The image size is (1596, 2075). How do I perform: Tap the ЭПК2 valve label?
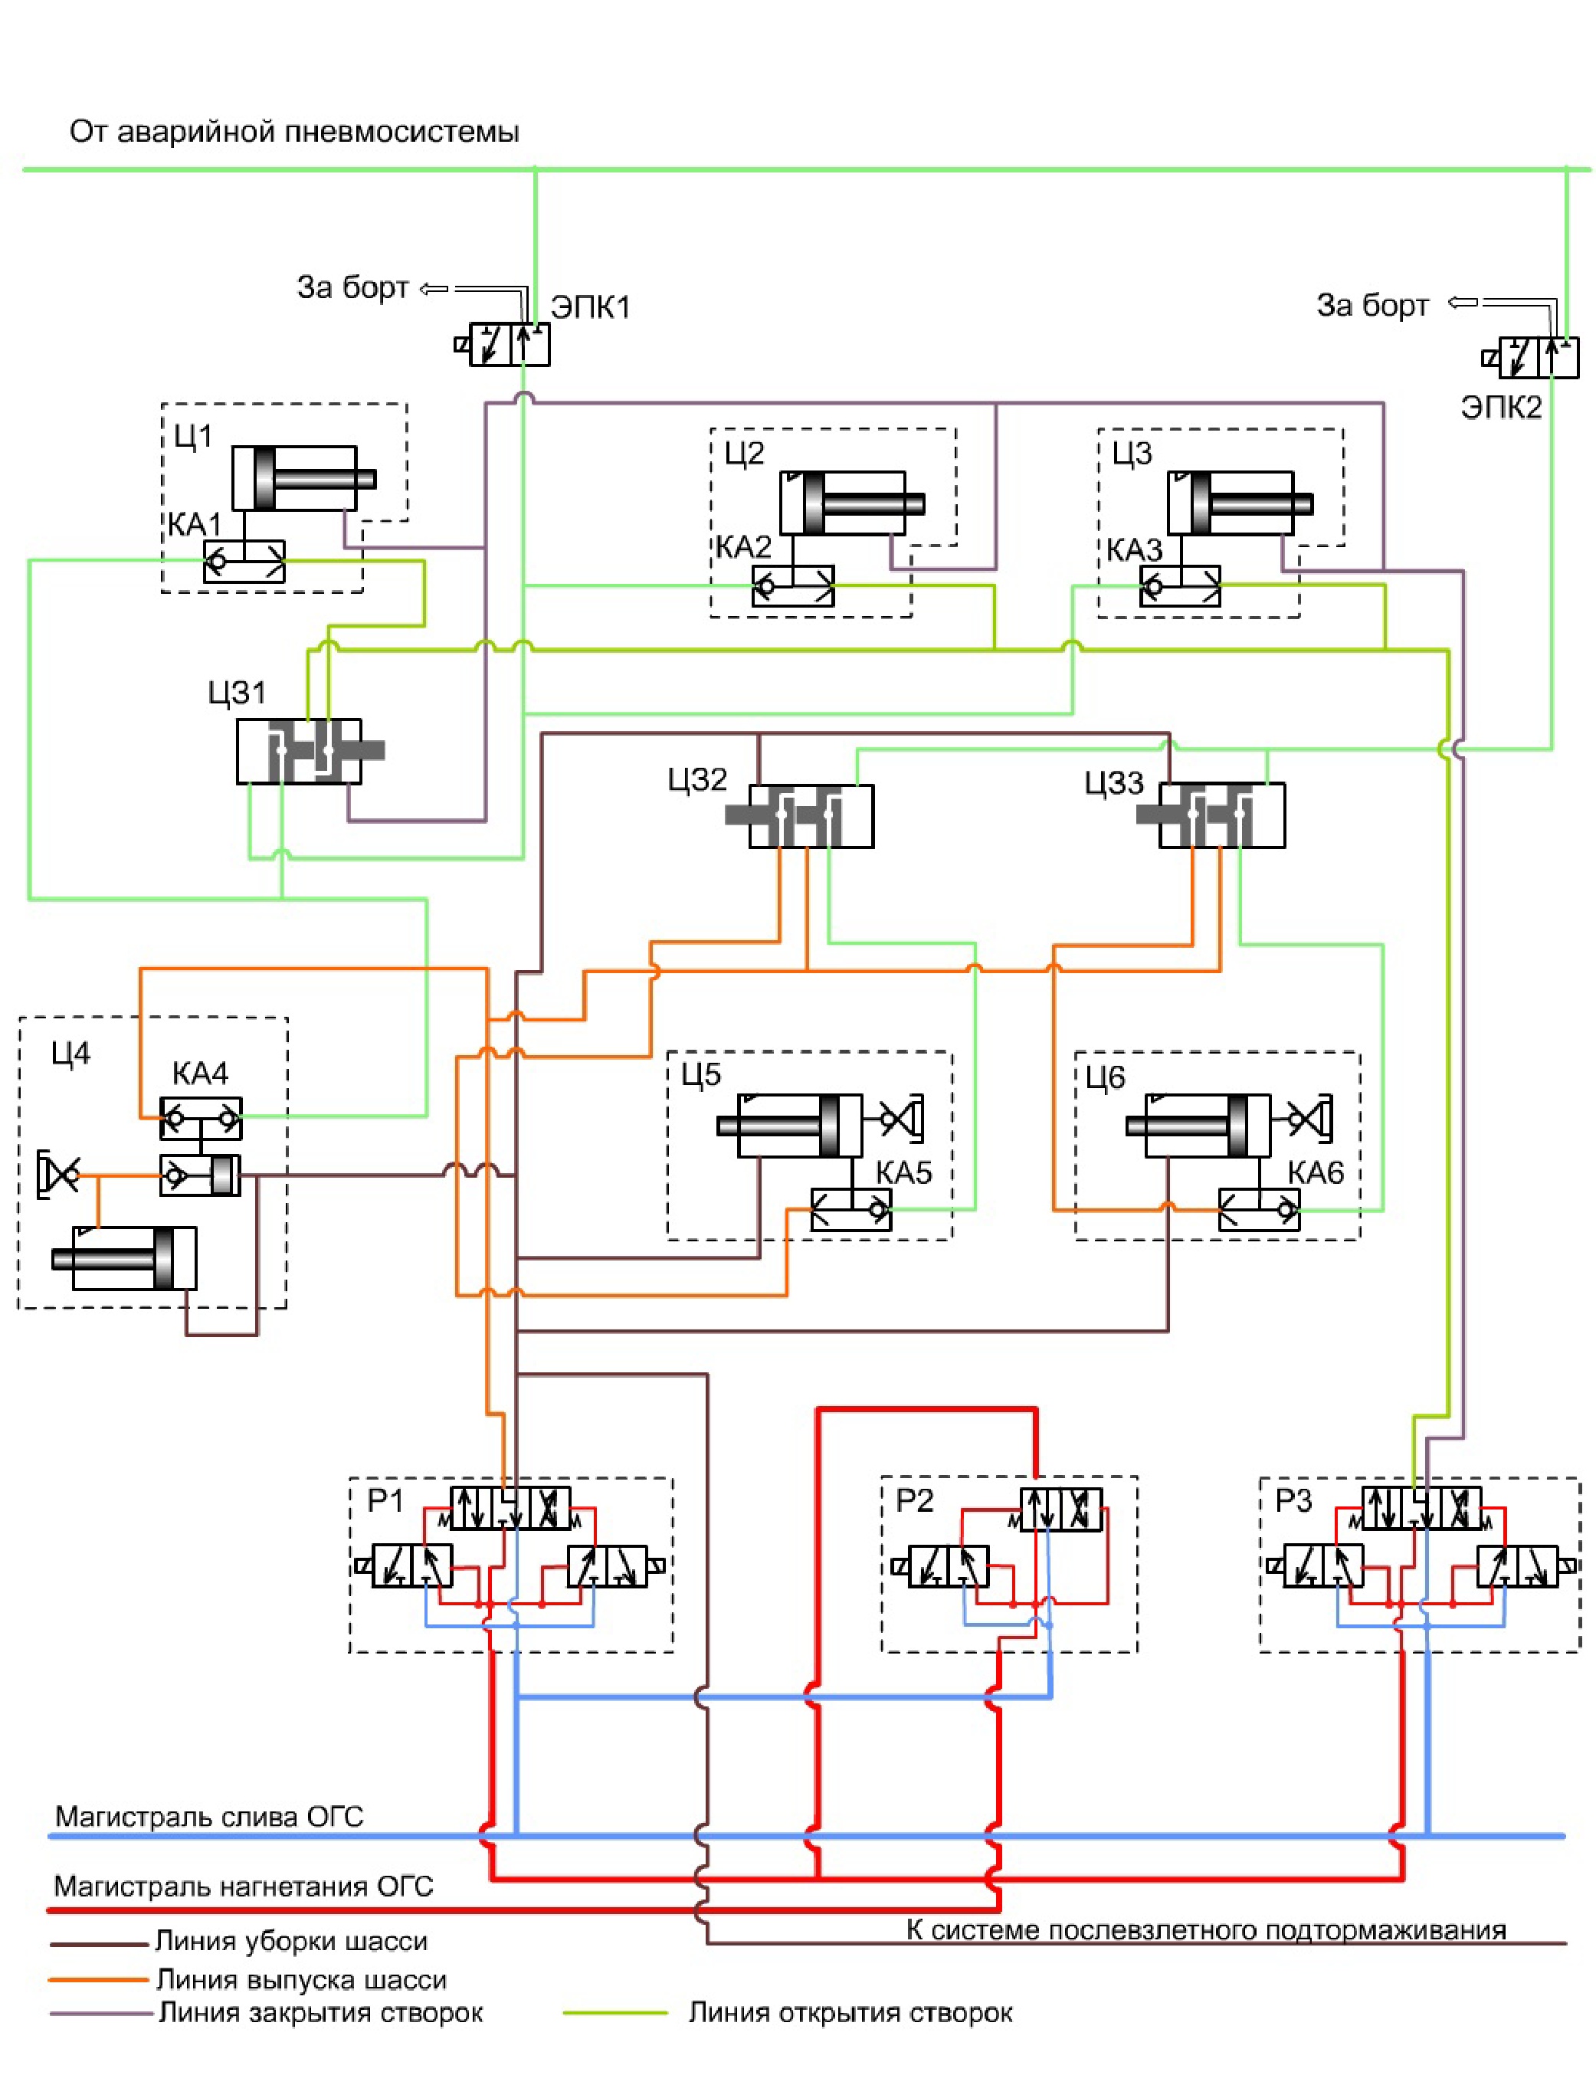click(x=1501, y=408)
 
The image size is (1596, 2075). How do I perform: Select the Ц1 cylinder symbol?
click(x=302, y=479)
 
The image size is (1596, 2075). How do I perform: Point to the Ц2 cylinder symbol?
click(x=850, y=503)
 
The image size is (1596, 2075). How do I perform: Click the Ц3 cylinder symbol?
click(x=1238, y=503)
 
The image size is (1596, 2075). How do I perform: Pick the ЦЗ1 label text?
click(x=238, y=693)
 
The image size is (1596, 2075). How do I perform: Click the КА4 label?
click(x=201, y=1074)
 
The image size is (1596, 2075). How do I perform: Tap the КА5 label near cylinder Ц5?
click(x=903, y=1172)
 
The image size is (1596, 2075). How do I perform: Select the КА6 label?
click(x=1316, y=1173)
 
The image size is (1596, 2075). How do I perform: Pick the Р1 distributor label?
click(x=385, y=1500)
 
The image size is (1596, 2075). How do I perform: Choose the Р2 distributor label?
click(x=914, y=1500)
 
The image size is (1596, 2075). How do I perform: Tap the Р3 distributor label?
click(x=1293, y=1500)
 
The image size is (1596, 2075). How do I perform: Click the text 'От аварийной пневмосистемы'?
click(x=294, y=131)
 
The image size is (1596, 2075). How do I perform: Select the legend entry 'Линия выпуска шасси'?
click(x=301, y=1980)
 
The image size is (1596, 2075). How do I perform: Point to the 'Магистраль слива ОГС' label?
click(x=209, y=1817)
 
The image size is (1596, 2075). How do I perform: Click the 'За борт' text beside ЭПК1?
click(x=352, y=287)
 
